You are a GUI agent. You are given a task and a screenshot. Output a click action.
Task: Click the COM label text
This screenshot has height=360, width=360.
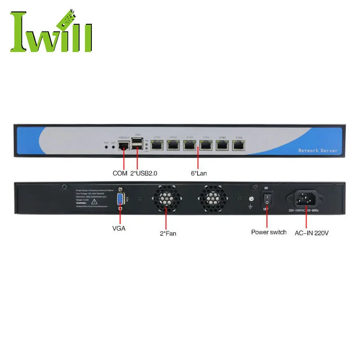pyautogui.click(x=120, y=173)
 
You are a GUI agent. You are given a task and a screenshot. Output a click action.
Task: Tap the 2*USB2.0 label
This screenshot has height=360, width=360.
pyautogui.click(x=144, y=173)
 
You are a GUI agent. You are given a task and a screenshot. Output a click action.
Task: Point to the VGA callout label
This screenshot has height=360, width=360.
pyautogui.click(x=119, y=228)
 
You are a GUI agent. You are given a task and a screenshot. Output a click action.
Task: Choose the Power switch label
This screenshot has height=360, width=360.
pyautogui.click(x=269, y=232)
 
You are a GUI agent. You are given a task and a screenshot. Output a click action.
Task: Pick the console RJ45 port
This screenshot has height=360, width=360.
pyautogui.click(x=123, y=145)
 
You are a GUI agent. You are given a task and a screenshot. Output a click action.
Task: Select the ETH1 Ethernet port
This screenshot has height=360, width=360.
pyautogui.click(x=157, y=145)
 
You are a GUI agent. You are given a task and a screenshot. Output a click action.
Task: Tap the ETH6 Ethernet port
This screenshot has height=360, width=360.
pyautogui.click(x=238, y=145)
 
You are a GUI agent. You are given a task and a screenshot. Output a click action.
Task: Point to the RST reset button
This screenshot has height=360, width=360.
pyautogui.click(x=106, y=146)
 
